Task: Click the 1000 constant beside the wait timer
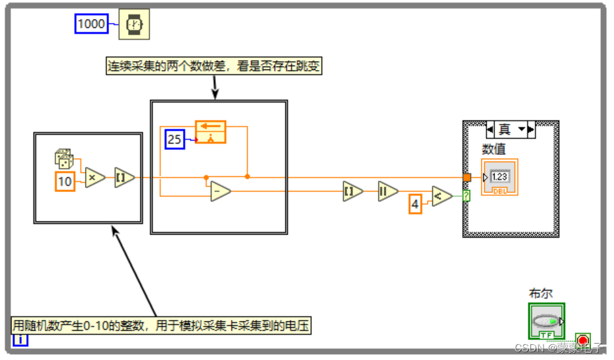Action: click(91, 24)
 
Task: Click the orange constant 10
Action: click(65, 181)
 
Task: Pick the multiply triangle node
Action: click(95, 177)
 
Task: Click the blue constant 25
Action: click(174, 139)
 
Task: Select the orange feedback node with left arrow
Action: click(210, 132)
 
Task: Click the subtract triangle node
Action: click(220, 191)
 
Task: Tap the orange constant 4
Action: click(415, 205)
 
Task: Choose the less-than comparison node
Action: click(442, 195)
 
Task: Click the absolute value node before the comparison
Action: click(388, 191)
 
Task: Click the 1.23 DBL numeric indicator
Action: click(500, 176)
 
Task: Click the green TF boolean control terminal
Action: click(547, 321)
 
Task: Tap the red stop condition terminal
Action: click(583, 340)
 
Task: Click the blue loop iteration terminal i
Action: click(20, 339)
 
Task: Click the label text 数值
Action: click(494, 150)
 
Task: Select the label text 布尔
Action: click(541, 294)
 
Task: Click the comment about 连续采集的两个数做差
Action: click(214, 66)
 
